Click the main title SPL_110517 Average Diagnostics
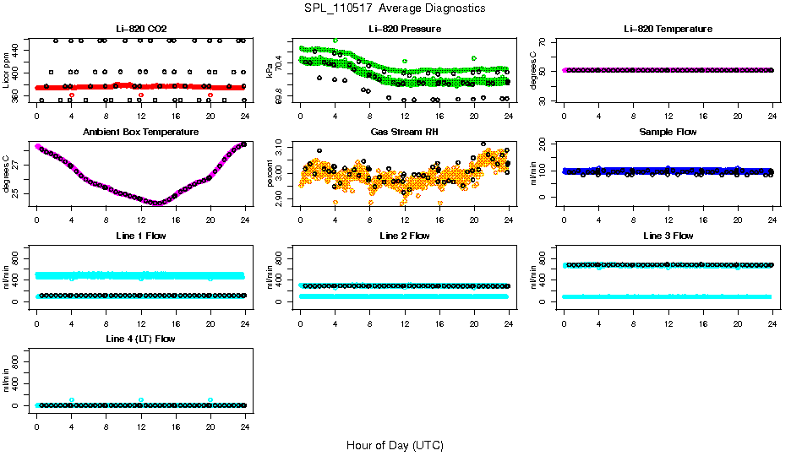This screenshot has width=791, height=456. click(395, 8)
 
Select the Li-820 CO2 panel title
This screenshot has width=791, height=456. click(140, 29)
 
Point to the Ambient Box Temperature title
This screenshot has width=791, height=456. click(140, 132)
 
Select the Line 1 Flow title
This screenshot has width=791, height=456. click(140, 236)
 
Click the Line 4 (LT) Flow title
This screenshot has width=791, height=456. click(140, 339)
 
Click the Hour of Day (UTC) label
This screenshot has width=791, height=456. click(395, 445)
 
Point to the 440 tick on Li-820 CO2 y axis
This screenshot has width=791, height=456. click(19, 52)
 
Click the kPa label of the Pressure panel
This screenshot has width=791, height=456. click(270, 70)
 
